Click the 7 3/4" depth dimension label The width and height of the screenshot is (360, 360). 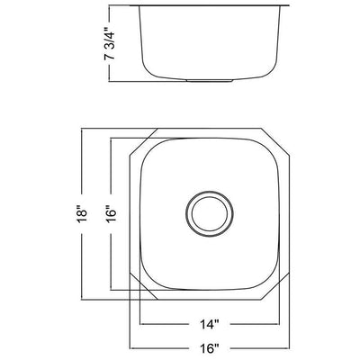point(111,42)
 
